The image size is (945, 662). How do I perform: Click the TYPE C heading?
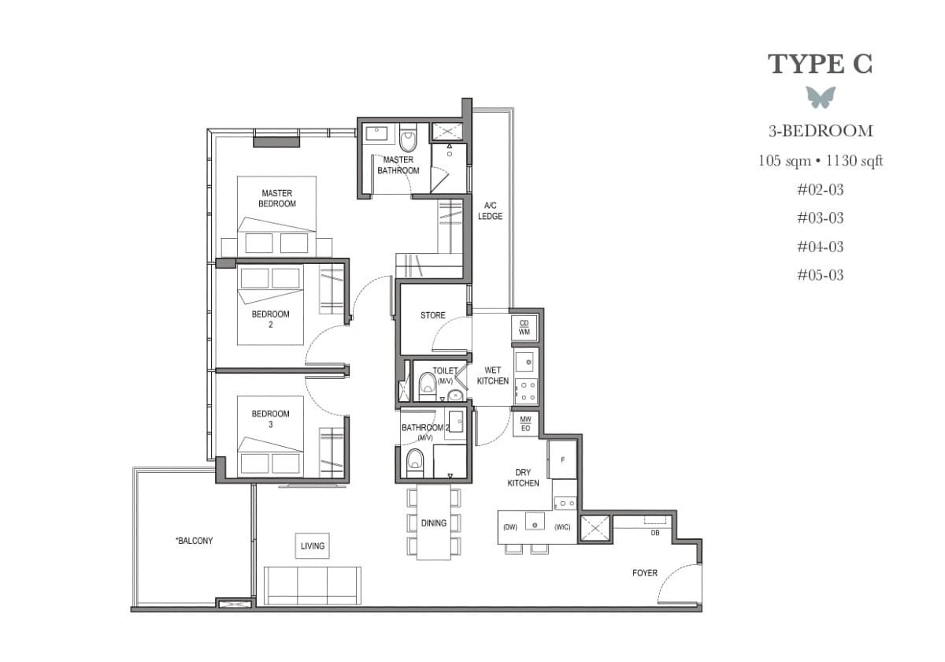[820, 64]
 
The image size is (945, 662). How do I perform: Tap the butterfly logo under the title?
[820, 97]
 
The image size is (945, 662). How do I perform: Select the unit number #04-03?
[820, 247]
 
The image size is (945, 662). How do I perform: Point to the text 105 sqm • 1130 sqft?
[820, 161]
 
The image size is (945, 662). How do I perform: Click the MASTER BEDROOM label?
[277, 199]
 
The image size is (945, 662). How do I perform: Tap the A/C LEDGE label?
[490, 210]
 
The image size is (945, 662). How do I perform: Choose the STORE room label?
[432, 315]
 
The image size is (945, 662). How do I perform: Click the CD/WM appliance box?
[524, 327]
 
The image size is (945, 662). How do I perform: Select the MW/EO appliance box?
[525, 423]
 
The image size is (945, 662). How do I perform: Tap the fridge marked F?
[562, 459]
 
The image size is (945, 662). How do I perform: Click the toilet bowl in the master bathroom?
[408, 141]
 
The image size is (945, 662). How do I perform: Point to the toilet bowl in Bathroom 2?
[414, 463]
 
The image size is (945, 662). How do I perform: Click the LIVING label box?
[313, 545]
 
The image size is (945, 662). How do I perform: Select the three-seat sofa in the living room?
[312, 585]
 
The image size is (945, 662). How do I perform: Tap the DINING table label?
[433, 523]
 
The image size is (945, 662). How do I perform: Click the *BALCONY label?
[194, 541]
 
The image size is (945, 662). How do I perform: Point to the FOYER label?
[645, 573]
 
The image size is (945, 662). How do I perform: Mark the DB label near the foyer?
[654, 534]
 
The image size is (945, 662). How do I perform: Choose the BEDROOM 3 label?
[270, 418]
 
